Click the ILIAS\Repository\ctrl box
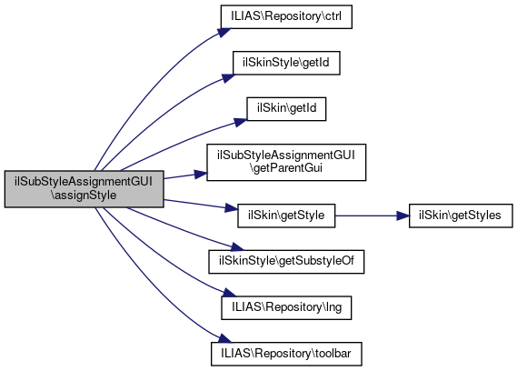286,16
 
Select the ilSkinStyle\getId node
286,63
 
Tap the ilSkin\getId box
286,109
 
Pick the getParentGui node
286,162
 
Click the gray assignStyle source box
85,189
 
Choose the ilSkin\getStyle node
286,216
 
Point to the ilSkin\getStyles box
461,216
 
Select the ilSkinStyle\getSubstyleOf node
286,262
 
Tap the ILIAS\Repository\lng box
286,308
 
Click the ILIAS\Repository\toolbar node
286,354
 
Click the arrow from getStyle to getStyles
372,216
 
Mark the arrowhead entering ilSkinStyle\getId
228,78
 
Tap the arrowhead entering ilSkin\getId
241,122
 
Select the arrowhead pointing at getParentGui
201,175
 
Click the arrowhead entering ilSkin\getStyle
232,208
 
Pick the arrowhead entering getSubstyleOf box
237,247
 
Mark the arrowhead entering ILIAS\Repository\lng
230,293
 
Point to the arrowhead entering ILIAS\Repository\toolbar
224,338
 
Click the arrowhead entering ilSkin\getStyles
403,216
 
